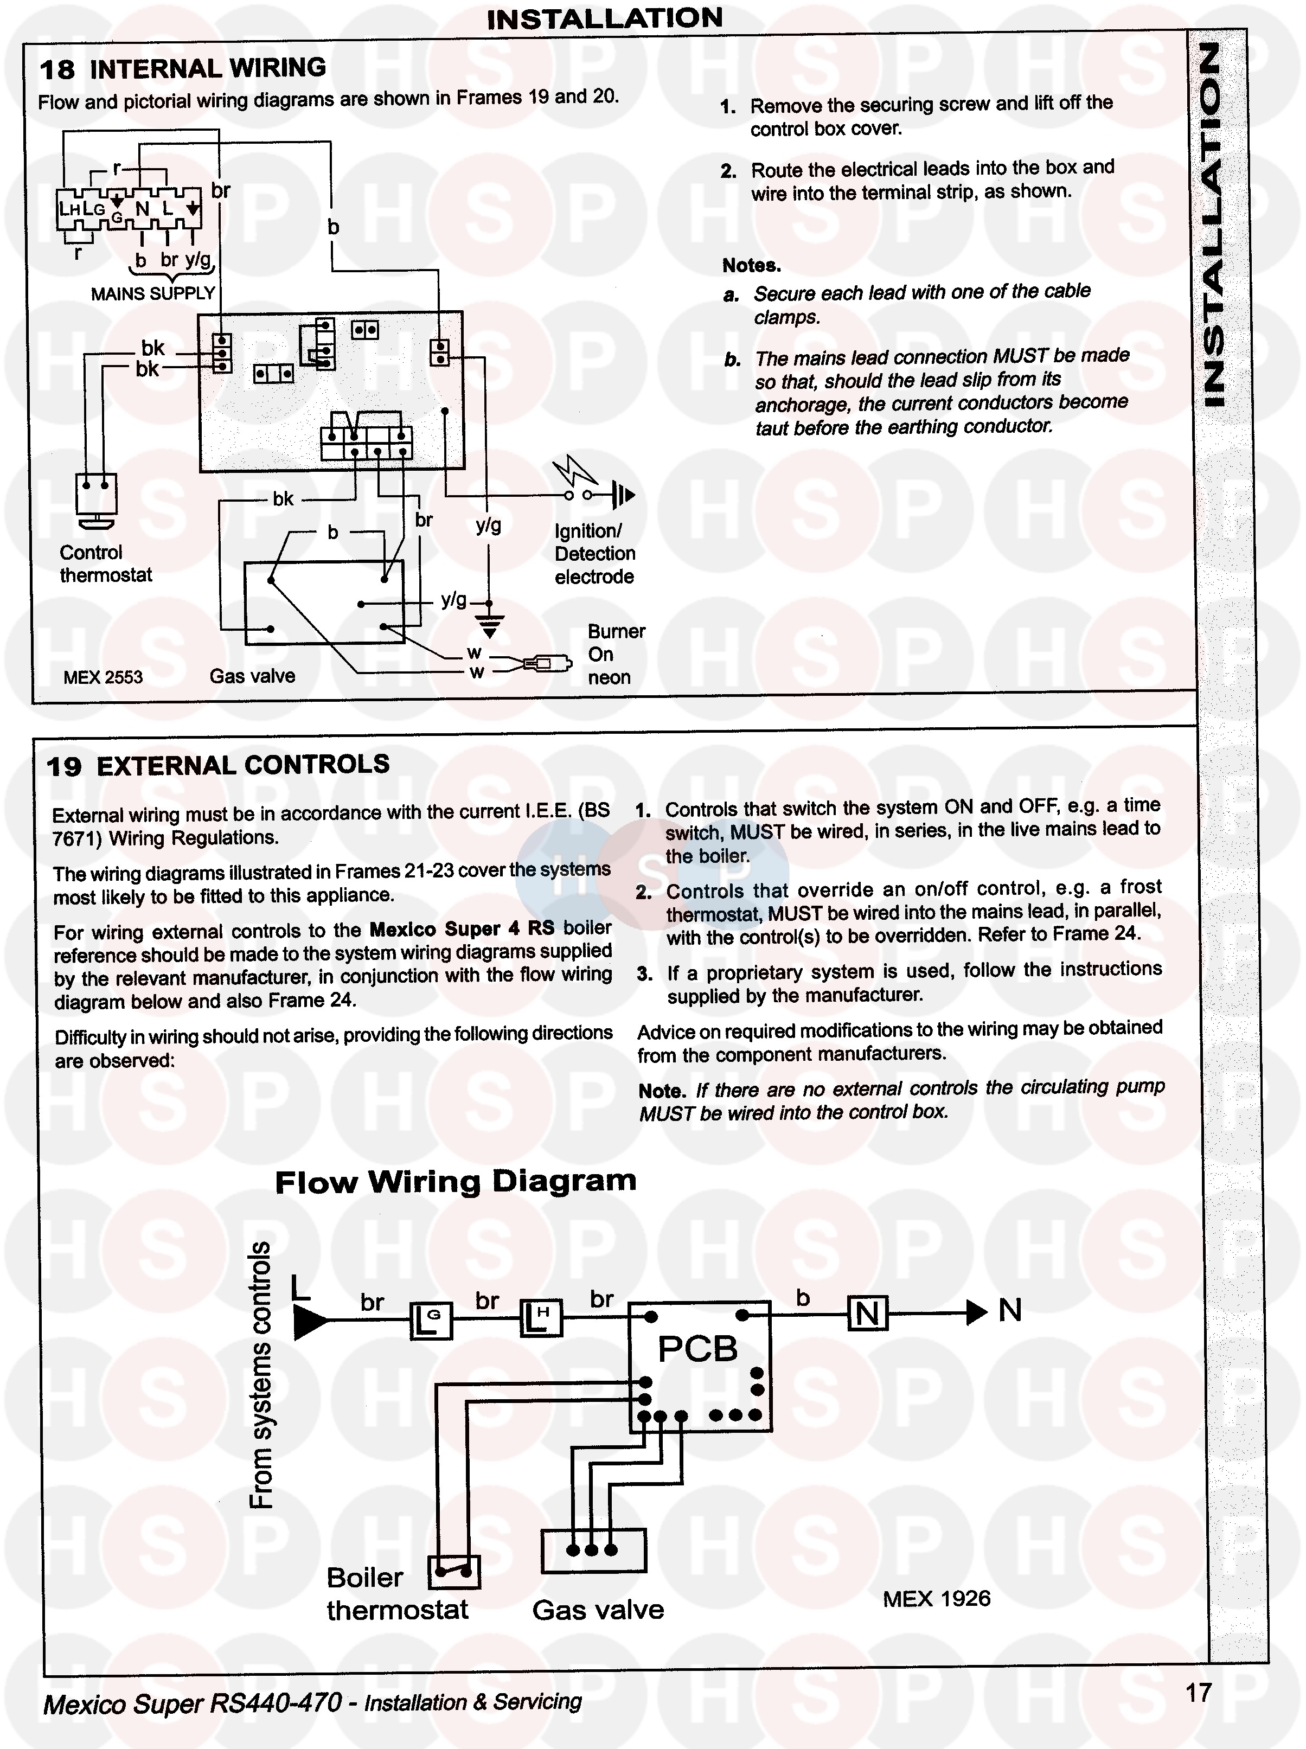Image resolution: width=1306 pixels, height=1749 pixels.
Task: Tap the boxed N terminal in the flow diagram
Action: click(x=867, y=1314)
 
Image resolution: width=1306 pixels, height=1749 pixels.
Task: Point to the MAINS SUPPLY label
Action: click(x=152, y=294)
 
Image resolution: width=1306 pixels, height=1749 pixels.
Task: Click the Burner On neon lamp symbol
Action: click(x=546, y=662)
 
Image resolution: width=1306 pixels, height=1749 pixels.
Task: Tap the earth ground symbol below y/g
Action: click(x=490, y=624)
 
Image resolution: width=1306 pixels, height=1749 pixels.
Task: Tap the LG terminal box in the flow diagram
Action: click(x=431, y=1320)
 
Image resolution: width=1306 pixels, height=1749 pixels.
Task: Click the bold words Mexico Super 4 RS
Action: click(x=462, y=928)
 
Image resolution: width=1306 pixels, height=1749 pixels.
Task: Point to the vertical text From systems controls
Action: click(x=260, y=1376)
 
